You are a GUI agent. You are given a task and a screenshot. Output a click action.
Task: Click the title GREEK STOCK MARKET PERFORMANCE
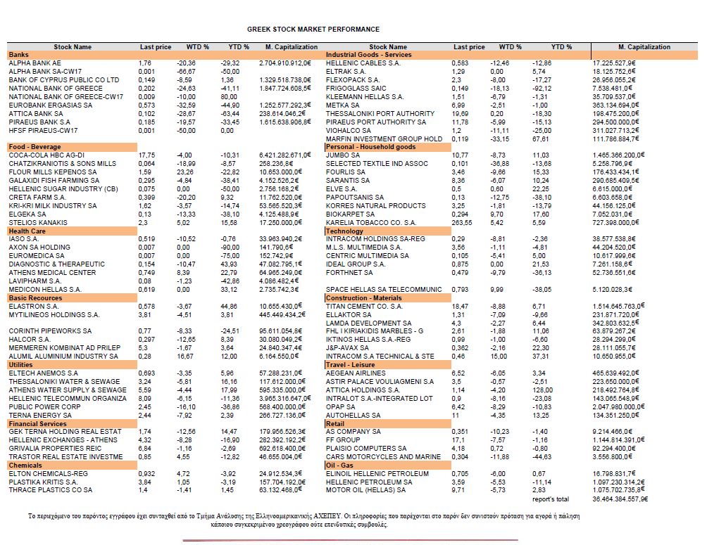point(313,30)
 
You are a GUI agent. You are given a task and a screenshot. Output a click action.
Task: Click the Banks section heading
point(18,55)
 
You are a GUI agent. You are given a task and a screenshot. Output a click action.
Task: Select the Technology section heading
point(345,231)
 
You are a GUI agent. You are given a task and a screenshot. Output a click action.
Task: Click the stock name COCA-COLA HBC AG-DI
point(46,155)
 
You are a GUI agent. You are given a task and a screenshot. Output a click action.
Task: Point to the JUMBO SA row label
point(342,155)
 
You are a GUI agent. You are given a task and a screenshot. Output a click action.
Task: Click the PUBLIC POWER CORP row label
point(44,406)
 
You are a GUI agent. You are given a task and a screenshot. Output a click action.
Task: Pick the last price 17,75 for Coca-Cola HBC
point(147,155)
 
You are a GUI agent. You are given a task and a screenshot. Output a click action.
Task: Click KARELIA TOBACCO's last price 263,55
point(461,222)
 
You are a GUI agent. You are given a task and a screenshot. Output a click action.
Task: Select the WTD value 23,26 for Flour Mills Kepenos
point(184,172)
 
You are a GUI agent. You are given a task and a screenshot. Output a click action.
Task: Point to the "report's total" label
point(552,499)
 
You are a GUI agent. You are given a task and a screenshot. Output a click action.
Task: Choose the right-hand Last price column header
point(469,47)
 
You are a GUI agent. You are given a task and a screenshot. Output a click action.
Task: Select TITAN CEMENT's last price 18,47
point(460,307)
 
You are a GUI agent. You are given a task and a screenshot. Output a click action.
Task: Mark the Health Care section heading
point(27,231)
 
